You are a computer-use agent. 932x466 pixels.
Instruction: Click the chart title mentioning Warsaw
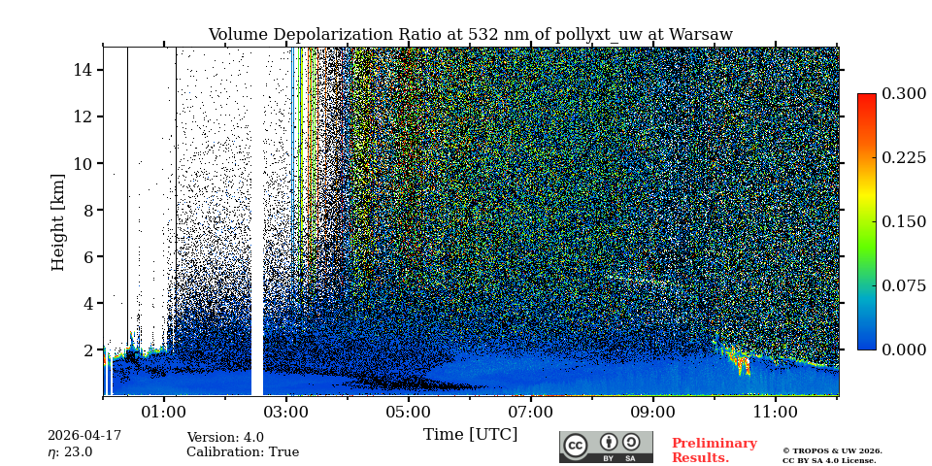(470, 35)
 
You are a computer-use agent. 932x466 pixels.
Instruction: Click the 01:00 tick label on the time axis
(164, 413)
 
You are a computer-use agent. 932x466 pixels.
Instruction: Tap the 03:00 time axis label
(286, 413)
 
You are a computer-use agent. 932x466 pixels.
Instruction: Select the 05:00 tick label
(409, 413)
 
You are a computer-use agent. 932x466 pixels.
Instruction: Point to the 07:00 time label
(531, 413)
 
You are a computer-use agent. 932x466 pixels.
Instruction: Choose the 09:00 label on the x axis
(653, 413)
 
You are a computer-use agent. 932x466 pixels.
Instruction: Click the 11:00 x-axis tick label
(776, 413)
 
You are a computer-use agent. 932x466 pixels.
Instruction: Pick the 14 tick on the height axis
(83, 70)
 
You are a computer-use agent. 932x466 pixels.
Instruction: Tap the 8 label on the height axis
(87, 210)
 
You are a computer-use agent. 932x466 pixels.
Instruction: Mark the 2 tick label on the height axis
(87, 349)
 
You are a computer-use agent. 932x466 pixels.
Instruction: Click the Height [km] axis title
(58, 221)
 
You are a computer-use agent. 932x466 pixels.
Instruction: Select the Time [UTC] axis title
(470, 435)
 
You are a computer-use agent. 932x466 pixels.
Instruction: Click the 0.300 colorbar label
(904, 94)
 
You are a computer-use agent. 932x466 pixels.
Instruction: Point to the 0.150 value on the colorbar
(904, 221)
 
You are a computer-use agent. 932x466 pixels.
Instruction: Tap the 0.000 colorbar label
(904, 349)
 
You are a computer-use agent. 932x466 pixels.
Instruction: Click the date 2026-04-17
(84, 436)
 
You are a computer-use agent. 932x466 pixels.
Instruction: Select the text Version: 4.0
(225, 438)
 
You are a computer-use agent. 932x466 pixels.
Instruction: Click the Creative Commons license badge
(606, 447)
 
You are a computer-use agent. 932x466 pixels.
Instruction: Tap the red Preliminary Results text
(714, 450)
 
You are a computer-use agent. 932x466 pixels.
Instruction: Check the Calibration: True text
(243, 452)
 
